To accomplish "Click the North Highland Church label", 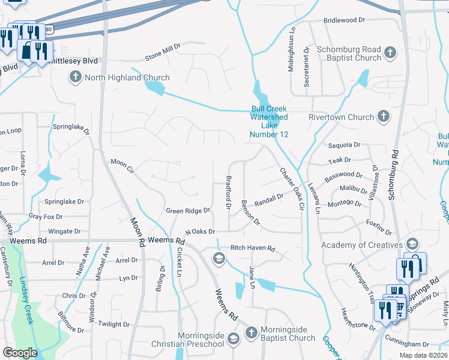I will pos(127,77).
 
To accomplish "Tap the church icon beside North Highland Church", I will pos(76,77).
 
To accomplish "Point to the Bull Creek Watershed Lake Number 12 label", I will pos(270,122).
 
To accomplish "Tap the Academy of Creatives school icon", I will pos(412,245).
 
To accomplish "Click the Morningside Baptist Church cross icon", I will pos(251,332).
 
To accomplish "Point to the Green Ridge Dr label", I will pos(188,211).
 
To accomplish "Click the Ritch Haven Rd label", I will pos(253,248).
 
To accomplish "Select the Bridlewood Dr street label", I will pos(344,20).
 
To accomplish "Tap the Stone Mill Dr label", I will pos(162,57).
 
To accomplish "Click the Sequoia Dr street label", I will pos(344,145).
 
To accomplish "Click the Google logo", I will pos(20,353).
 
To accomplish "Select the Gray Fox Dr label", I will pos(46,216).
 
